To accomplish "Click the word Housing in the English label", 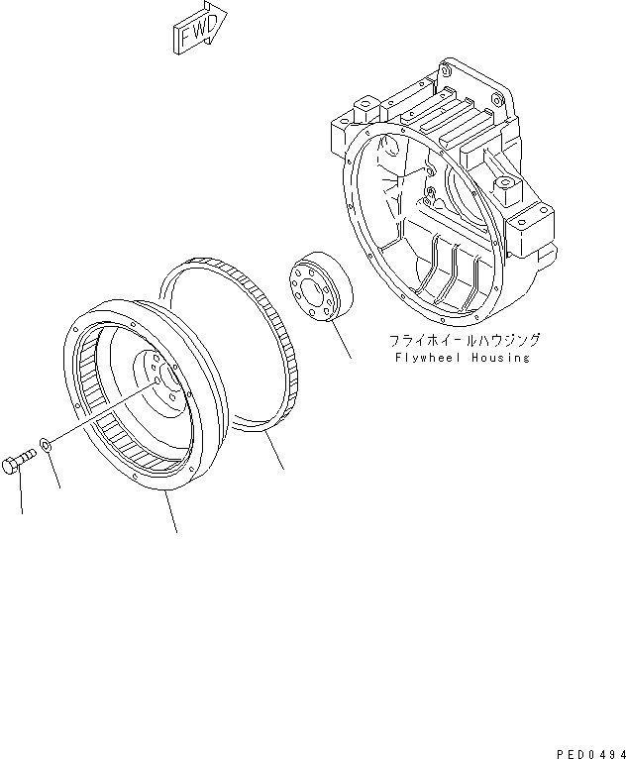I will point(498,358).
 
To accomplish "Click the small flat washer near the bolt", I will point(47,441).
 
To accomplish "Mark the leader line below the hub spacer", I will point(342,343).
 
